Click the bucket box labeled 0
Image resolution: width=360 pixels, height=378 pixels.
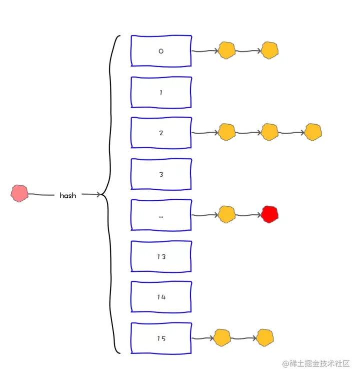(160, 51)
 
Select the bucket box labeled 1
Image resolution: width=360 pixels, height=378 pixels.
(160, 92)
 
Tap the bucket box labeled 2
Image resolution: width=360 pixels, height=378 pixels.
(160, 133)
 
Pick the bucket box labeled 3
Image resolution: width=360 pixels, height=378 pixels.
(160, 174)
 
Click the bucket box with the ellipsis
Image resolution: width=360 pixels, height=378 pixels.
(160, 215)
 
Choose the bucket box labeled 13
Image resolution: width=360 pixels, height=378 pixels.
(160, 256)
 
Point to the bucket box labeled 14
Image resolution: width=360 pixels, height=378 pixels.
(160, 297)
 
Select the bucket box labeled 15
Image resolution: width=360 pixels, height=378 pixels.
(160, 338)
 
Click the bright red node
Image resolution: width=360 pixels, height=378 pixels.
(269, 214)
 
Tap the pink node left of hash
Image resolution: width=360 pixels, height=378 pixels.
(19, 193)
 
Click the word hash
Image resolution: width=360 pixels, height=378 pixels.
(68, 195)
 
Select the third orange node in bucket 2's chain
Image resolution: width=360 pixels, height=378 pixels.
(313, 132)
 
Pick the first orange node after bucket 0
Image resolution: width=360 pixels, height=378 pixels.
(227, 50)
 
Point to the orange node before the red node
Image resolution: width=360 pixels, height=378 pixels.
(226, 214)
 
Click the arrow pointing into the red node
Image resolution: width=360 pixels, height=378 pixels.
(248, 215)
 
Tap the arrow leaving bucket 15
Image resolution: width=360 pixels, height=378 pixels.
(202, 338)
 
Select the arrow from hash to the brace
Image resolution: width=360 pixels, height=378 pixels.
(90, 194)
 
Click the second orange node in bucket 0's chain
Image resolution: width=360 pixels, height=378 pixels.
(269, 50)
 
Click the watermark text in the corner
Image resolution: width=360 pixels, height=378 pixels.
(315, 363)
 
